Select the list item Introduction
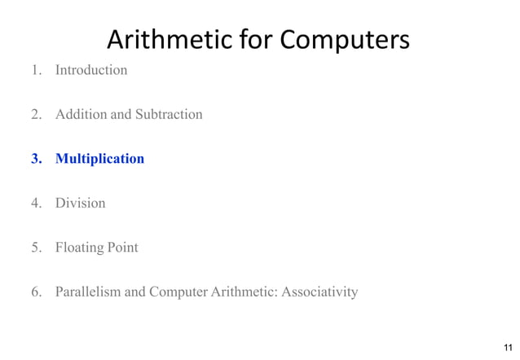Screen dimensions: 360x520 91,70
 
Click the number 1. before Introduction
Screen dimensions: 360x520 37,70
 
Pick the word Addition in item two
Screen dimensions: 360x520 81,114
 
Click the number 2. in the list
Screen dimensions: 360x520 37,114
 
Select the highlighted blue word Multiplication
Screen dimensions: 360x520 99,158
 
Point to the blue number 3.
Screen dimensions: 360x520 37,158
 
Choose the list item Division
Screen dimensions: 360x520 80,203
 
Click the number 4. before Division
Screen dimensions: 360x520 37,203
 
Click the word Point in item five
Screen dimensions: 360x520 123,247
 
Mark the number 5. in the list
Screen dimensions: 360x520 37,247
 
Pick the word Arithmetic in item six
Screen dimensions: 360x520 238,291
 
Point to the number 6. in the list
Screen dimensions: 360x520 37,291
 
